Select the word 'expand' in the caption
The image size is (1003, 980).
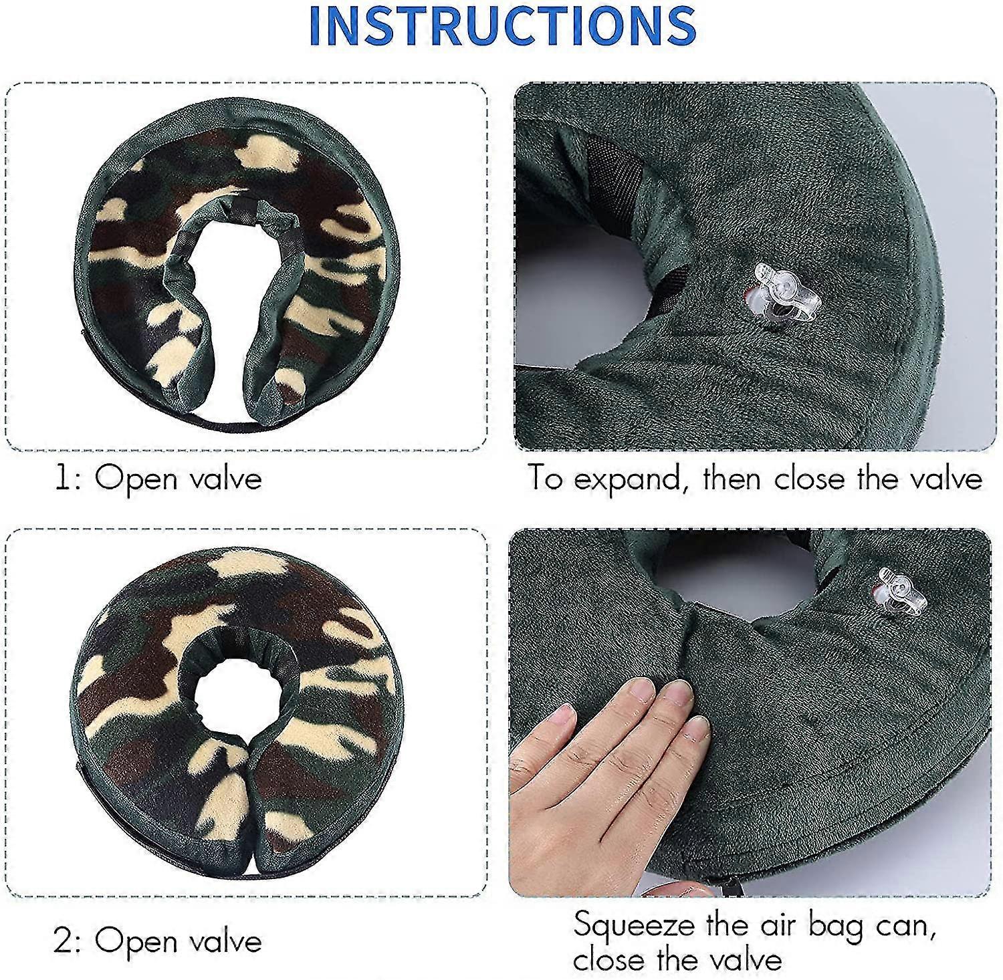[x=631, y=481]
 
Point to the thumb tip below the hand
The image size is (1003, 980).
[x=659, y=890]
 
